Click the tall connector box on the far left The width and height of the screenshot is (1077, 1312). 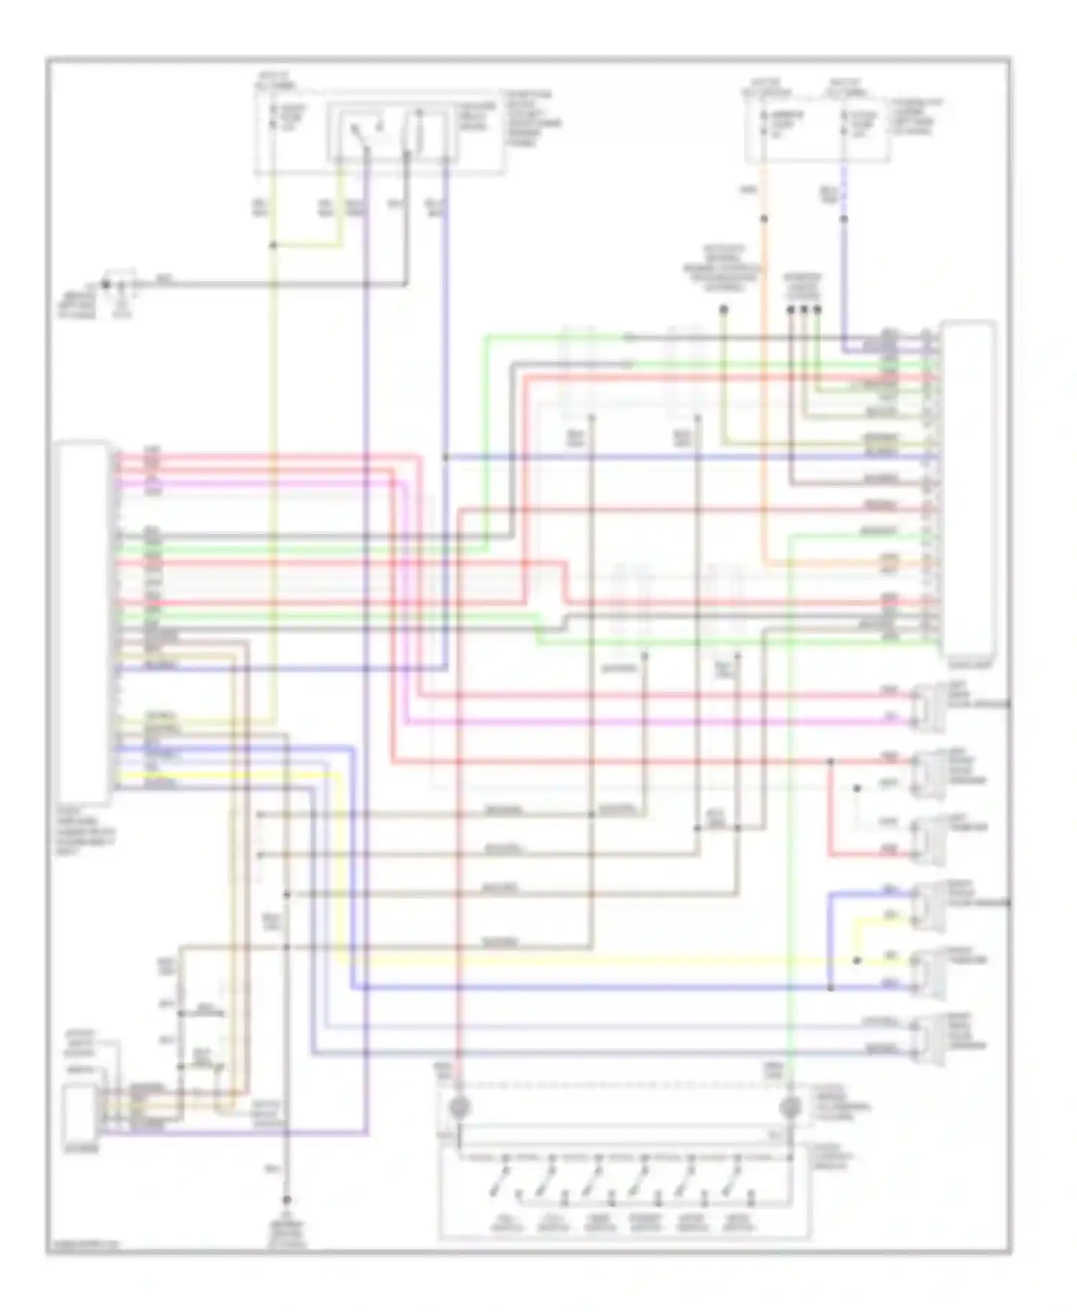tap(84, 622)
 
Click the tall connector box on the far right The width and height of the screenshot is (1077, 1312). tap(969, 488)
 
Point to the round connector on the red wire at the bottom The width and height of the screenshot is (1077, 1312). tap(459, 1107)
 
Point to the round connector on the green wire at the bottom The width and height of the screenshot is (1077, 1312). tap(790, 1107)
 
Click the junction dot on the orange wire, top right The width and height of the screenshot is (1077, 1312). tap(764, 219)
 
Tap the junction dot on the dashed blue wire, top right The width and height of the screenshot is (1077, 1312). tap(844, 219)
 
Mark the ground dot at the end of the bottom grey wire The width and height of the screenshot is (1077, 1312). tap(286, 1200)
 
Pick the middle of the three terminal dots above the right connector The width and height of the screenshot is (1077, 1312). tap(803, 309)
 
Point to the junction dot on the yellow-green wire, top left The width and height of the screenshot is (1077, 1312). tap(273, 245)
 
